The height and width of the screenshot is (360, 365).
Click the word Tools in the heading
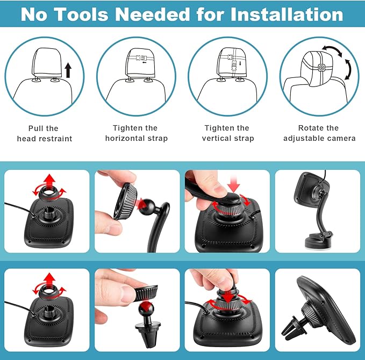[x=82, y=15]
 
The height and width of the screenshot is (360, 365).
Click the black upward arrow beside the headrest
[x=68, y=70]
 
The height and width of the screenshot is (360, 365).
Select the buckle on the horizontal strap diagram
[x=140, y=58]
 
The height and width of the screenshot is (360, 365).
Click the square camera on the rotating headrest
[x=321, y=68]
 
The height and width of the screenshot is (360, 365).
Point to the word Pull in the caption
[x=37, y=128]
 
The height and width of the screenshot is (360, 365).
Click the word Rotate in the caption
[x=311, y=128]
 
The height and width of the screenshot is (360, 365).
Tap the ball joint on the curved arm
[x=148, y=205]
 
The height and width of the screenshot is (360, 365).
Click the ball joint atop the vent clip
[x=146, y=309]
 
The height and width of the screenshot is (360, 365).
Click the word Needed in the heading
[x=153, y=15]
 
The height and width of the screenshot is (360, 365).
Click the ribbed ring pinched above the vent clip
[x=146, y=293]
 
